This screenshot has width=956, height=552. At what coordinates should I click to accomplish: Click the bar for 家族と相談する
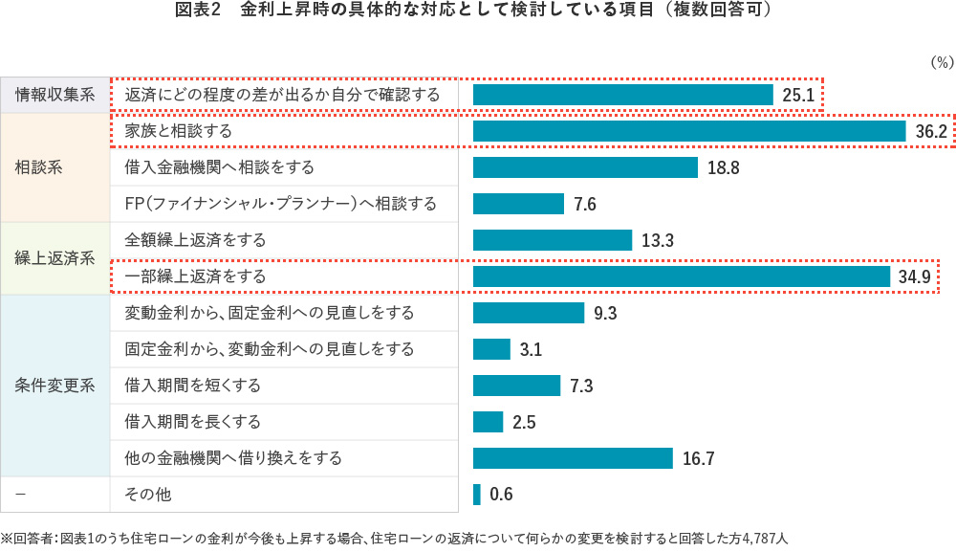click(x=688, y=131)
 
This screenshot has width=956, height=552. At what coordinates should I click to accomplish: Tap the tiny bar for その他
click(x=477, y=495)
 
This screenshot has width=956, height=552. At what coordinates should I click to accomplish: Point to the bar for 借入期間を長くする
click(x=488, y=422)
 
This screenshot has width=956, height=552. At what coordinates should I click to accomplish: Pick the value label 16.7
click(x=699, y=459)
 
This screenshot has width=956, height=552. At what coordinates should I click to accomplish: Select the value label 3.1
click(x=531, y=350)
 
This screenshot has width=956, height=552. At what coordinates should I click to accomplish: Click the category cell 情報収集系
click(x=55, y=95)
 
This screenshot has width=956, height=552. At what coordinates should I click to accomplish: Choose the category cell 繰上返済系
click(x=55, y=258)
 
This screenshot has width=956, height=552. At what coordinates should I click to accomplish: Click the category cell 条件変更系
click(x=55, y=386)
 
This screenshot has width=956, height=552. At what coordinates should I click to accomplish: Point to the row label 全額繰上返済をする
click(x=196, y=240)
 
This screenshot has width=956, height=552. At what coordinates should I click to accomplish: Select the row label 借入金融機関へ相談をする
click(x=220, y=167)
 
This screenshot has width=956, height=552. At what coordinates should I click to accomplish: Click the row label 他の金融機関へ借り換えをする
click(x=233, y=458)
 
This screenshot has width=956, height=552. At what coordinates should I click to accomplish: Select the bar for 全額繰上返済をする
click(x=553, y=240)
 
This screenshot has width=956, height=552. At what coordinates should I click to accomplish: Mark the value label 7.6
click(x=585, y=205)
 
